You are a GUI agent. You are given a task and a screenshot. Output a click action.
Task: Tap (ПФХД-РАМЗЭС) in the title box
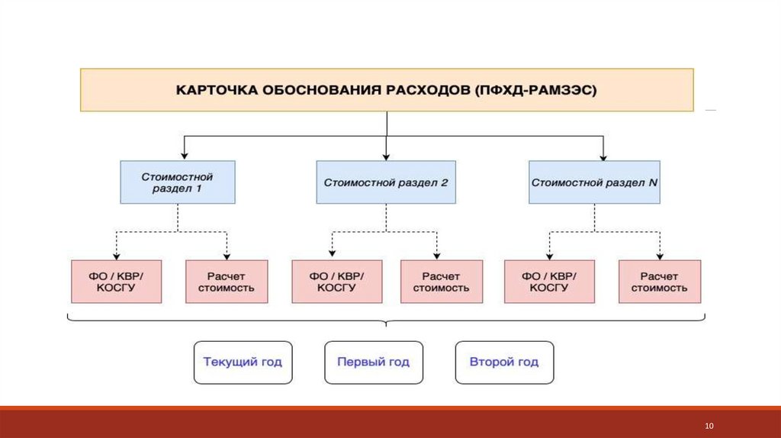pyautogui.click(x=535, y=90)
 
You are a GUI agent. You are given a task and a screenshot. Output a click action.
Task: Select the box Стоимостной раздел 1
pyautogui.click(x=177, y=182)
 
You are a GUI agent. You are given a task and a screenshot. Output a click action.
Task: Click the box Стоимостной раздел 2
pyautogui.click(x=386, y=182)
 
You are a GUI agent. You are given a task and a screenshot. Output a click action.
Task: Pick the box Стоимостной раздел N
pyautogui.click(x=594, y=182)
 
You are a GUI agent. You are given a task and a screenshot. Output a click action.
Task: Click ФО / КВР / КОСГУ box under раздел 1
pyautogui.click(x=116, y=282)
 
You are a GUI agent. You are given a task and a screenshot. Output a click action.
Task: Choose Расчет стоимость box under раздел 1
pyautogui.click(x=227, y=282)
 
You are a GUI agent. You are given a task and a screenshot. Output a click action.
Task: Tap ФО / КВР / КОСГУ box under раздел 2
pyautogui.click(x=336, y=282)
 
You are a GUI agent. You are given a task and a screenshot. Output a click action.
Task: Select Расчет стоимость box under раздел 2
pyautogui.click(x=442, y=282)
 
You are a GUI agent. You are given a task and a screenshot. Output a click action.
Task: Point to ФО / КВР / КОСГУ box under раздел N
pyautogui.click(x=549, y=282)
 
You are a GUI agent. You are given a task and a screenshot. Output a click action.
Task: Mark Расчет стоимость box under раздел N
pyautogui.click(x=660, y=282)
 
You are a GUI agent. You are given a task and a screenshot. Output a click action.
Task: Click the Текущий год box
pyautogui.click(x=243, y=362)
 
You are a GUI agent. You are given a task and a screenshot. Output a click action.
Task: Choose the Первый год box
pyautogui.click(x=374, y=362)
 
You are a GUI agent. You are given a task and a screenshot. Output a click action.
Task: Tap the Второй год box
pyautogui.click(x=505, y=362)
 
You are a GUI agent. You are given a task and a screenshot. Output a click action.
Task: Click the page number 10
pyautogui.click(x=709, y=426)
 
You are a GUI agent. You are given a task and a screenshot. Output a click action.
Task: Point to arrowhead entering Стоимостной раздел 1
pyautogui.click(x=185, y=156)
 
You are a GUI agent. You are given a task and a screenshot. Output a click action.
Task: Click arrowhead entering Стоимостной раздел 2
pyautogui.click(x=386, y=157)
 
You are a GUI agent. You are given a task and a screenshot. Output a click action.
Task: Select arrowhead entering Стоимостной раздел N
pyautogui.click(x=603, y=157)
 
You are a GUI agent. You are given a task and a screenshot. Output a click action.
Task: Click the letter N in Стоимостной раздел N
pyautogui.click(x=653, y=182)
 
